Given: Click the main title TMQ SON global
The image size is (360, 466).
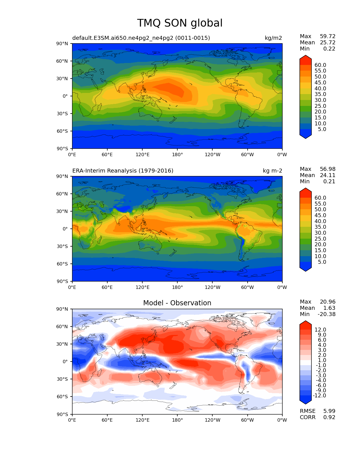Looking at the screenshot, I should tap(180, 23).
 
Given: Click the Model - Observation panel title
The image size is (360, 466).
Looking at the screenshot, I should tap(177, 303).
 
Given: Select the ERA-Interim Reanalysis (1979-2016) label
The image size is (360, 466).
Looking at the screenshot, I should tap(123, 171).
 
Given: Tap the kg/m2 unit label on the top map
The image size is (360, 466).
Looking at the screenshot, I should tap(273, 38).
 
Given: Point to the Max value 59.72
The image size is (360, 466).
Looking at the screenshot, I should tap(328, 36).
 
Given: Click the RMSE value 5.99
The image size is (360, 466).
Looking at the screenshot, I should tap(329, 411).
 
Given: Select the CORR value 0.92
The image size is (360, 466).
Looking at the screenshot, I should tap(329, 417).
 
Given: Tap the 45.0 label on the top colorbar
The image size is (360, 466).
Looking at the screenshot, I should tap(320, 82).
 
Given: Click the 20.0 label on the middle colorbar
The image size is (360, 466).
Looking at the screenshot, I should tap(320, 244).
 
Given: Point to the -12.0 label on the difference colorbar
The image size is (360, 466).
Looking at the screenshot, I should tap(319, 395).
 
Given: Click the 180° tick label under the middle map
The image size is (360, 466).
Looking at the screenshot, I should tap(177, 287).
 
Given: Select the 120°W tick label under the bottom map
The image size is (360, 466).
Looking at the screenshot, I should tap(212, 420).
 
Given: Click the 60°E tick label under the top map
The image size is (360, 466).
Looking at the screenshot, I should tap(107, 154).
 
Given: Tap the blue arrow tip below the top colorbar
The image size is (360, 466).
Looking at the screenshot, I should tap(306, 136).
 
